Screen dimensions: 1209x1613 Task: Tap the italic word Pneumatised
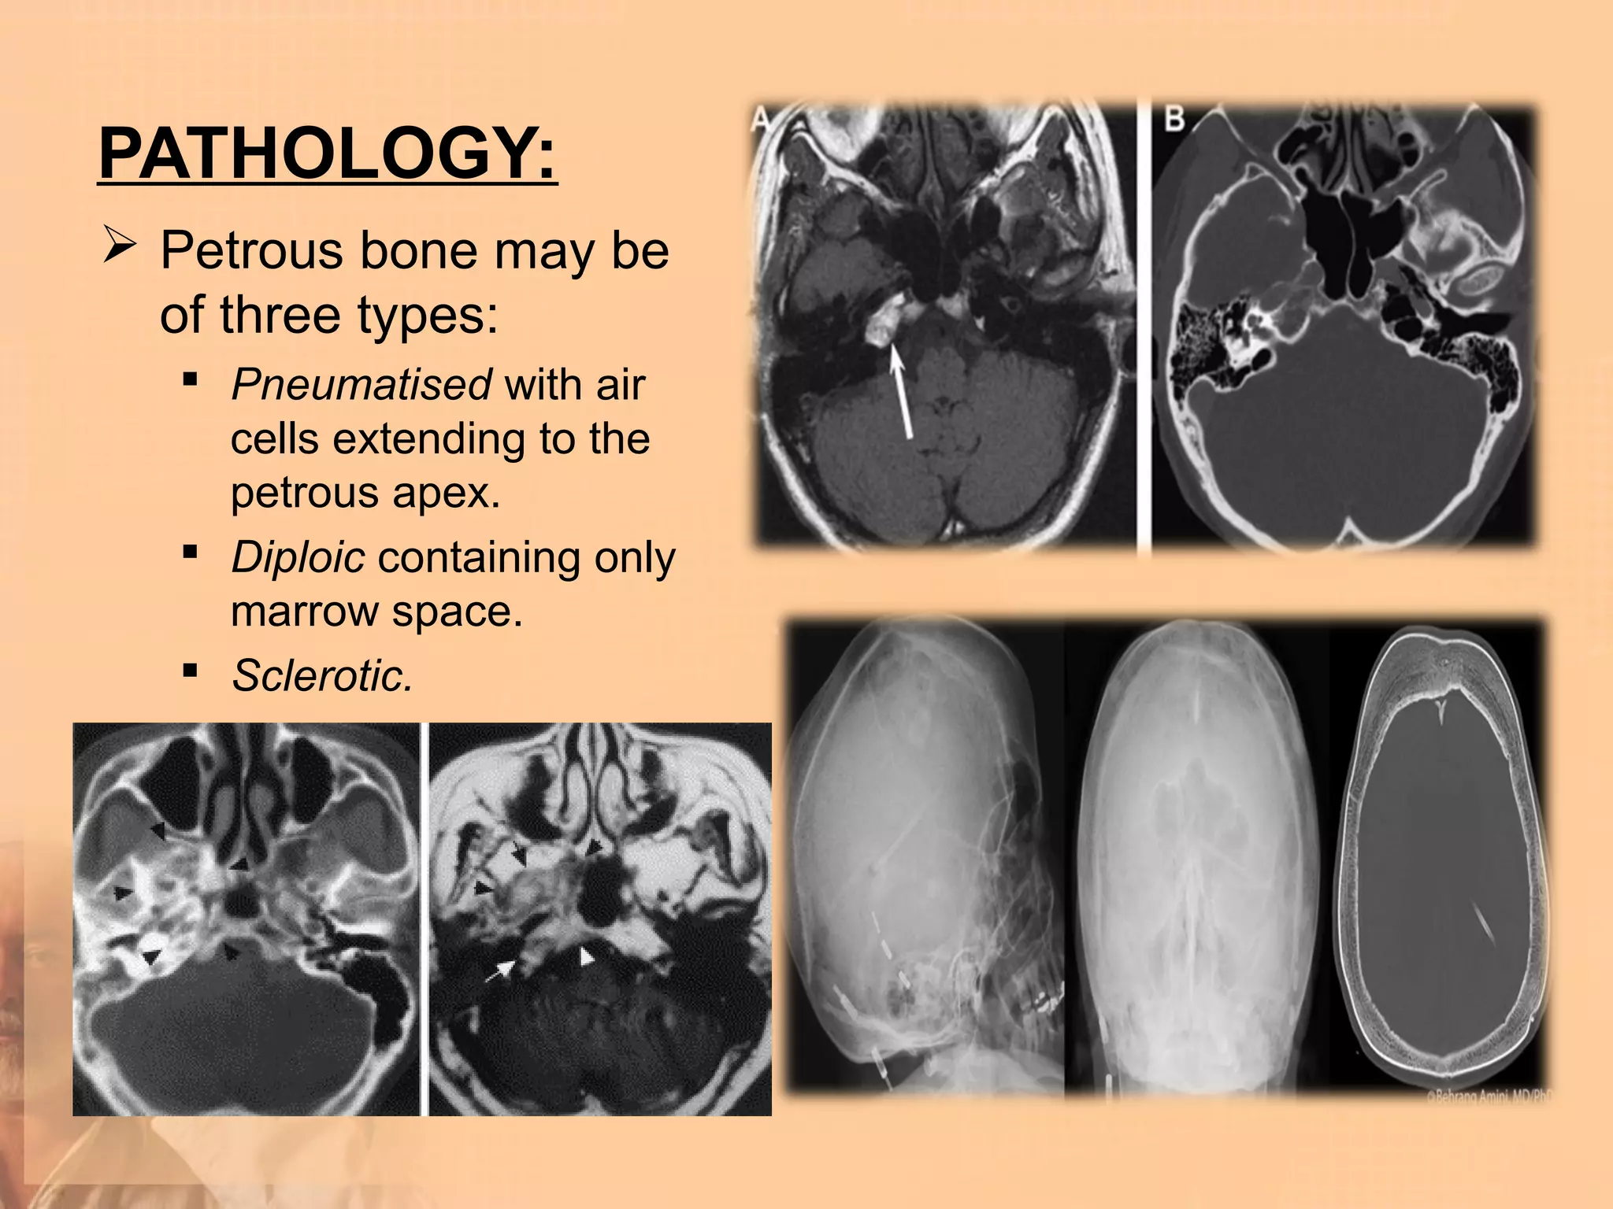pos(362,385)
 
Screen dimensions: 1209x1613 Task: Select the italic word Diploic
pos(298,557)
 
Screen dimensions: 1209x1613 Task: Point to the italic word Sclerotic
pos(322,675)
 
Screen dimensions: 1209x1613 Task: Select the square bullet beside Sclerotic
pos(189,671)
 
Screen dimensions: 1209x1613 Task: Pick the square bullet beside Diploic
pos(189,553)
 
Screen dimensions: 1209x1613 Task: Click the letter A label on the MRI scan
pos(761,120)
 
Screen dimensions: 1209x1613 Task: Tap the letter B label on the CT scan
pos(1174,120)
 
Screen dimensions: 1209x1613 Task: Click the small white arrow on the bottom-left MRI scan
pos(500,971)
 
